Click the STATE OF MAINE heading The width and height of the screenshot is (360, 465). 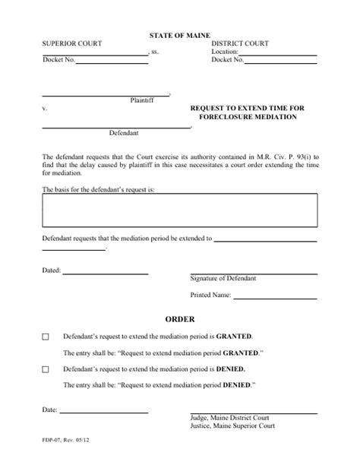click(179, 36)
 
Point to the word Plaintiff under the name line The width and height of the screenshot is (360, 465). click(144, 100)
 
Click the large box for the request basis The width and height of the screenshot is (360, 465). click(179, 212)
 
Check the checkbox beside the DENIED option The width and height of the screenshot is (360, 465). click(45, 369)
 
